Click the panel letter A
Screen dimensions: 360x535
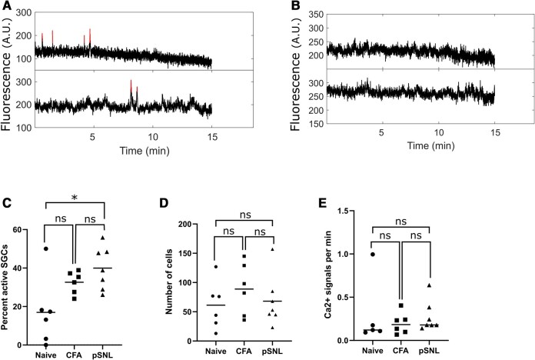coord(6,7)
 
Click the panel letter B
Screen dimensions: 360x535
coord(274,7)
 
